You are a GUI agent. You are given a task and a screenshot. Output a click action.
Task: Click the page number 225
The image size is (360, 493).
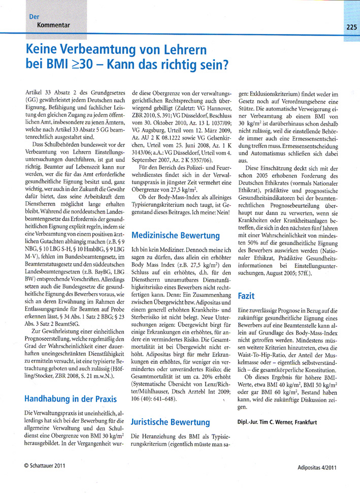[x=350, y=27]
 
